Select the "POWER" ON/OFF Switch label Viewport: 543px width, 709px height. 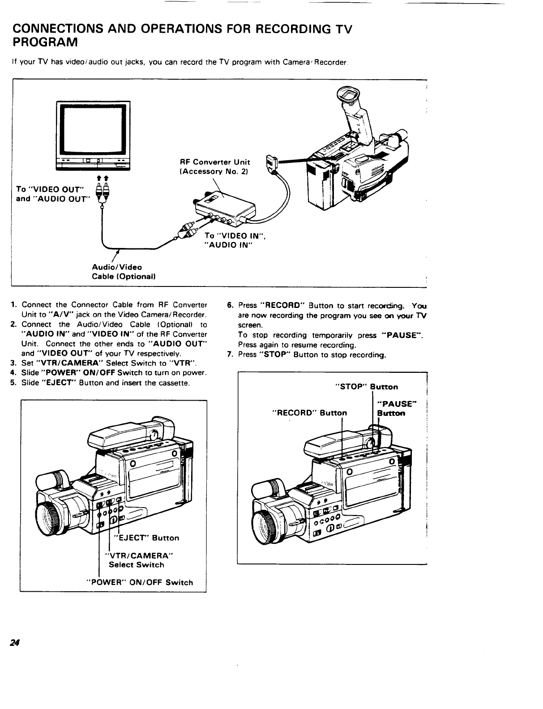click(139, 582)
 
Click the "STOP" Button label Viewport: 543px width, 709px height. click(367, 387)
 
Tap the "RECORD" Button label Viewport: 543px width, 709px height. click(310, 413)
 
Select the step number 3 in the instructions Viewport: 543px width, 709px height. click(13, 363)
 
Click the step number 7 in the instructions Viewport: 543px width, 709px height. click(229, 355)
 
